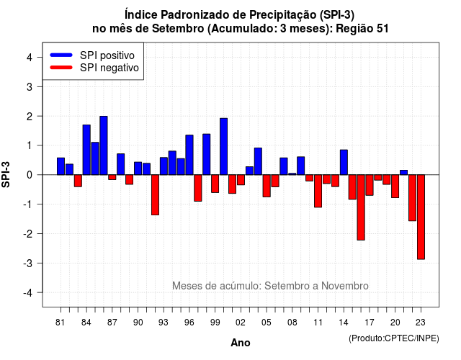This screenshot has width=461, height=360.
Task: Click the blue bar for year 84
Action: [86, 150]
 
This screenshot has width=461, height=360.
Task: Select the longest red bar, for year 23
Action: [421, 217]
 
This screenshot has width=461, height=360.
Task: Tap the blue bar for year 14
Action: [344, 162]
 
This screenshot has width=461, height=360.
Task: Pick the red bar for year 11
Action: [318, 191]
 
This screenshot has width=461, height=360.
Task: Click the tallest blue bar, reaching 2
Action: [104, 145]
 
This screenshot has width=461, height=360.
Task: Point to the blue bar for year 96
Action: [189, 155]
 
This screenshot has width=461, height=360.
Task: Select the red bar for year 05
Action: [267, 186]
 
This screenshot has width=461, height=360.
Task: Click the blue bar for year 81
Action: [61, 166]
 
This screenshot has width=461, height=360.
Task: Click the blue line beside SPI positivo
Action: [61, 55]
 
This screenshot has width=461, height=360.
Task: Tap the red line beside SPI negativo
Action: [61, 67]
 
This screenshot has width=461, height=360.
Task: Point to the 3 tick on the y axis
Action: [39, 86]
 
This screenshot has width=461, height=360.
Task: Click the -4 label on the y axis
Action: [29, 293]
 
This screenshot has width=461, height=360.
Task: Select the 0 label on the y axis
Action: [29, 175]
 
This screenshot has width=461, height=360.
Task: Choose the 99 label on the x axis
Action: [215, 323]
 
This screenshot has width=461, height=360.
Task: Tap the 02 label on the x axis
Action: [241, 323]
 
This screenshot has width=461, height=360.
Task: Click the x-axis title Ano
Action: [240, 343]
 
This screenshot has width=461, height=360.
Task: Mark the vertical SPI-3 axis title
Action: [6, 174]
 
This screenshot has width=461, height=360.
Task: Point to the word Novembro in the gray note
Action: [344, 286]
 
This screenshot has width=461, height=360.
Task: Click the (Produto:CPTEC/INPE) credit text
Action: [394, 338]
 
